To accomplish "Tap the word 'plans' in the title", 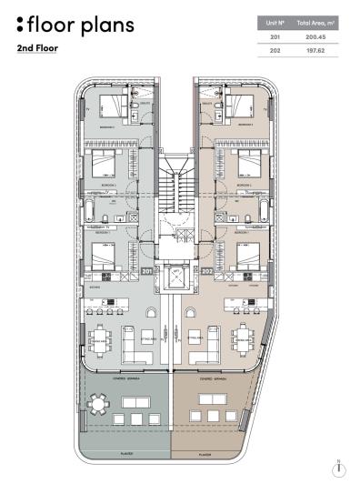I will coord(104,25).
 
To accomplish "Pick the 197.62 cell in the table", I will coord(315,52).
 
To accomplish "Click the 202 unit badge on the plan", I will coord(206,271).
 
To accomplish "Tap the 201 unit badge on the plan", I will coord(147,271).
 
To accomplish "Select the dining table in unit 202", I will coord(245,339).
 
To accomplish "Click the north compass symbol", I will coord(338,467).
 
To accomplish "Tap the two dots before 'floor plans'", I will coord(20,24).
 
